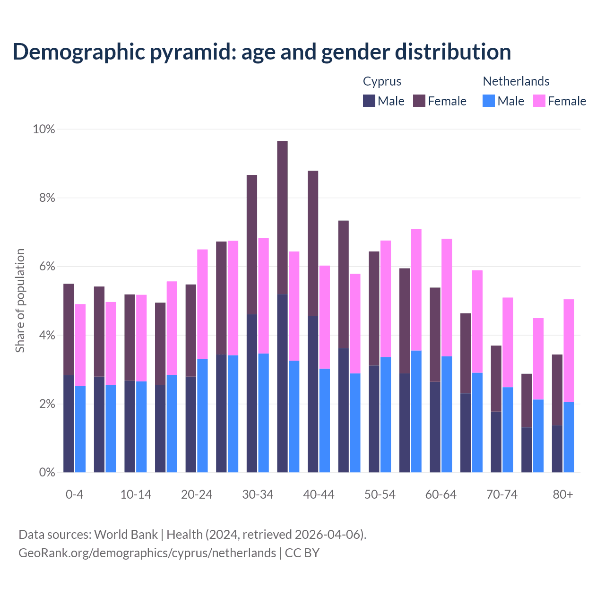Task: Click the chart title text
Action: [262, 52]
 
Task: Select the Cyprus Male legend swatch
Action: [369, 101]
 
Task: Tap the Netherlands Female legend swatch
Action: [539, 101]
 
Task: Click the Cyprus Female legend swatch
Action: [419, 101]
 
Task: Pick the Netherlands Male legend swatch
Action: [489, 101]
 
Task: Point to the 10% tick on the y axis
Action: [44, 129]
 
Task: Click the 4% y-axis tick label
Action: [47, 336]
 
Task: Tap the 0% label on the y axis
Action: [47, 473]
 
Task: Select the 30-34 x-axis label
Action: [258, 495]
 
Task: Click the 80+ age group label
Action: [562, 495]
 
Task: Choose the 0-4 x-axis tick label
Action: [75, 495]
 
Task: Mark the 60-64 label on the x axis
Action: [441, 495]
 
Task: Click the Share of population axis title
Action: [20, 301]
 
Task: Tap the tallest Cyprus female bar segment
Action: [282, 217]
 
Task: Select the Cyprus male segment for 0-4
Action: [69, 423]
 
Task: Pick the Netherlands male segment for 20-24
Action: [202, 416]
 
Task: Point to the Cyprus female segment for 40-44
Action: [313, 243]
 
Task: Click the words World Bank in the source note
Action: [126, 535]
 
